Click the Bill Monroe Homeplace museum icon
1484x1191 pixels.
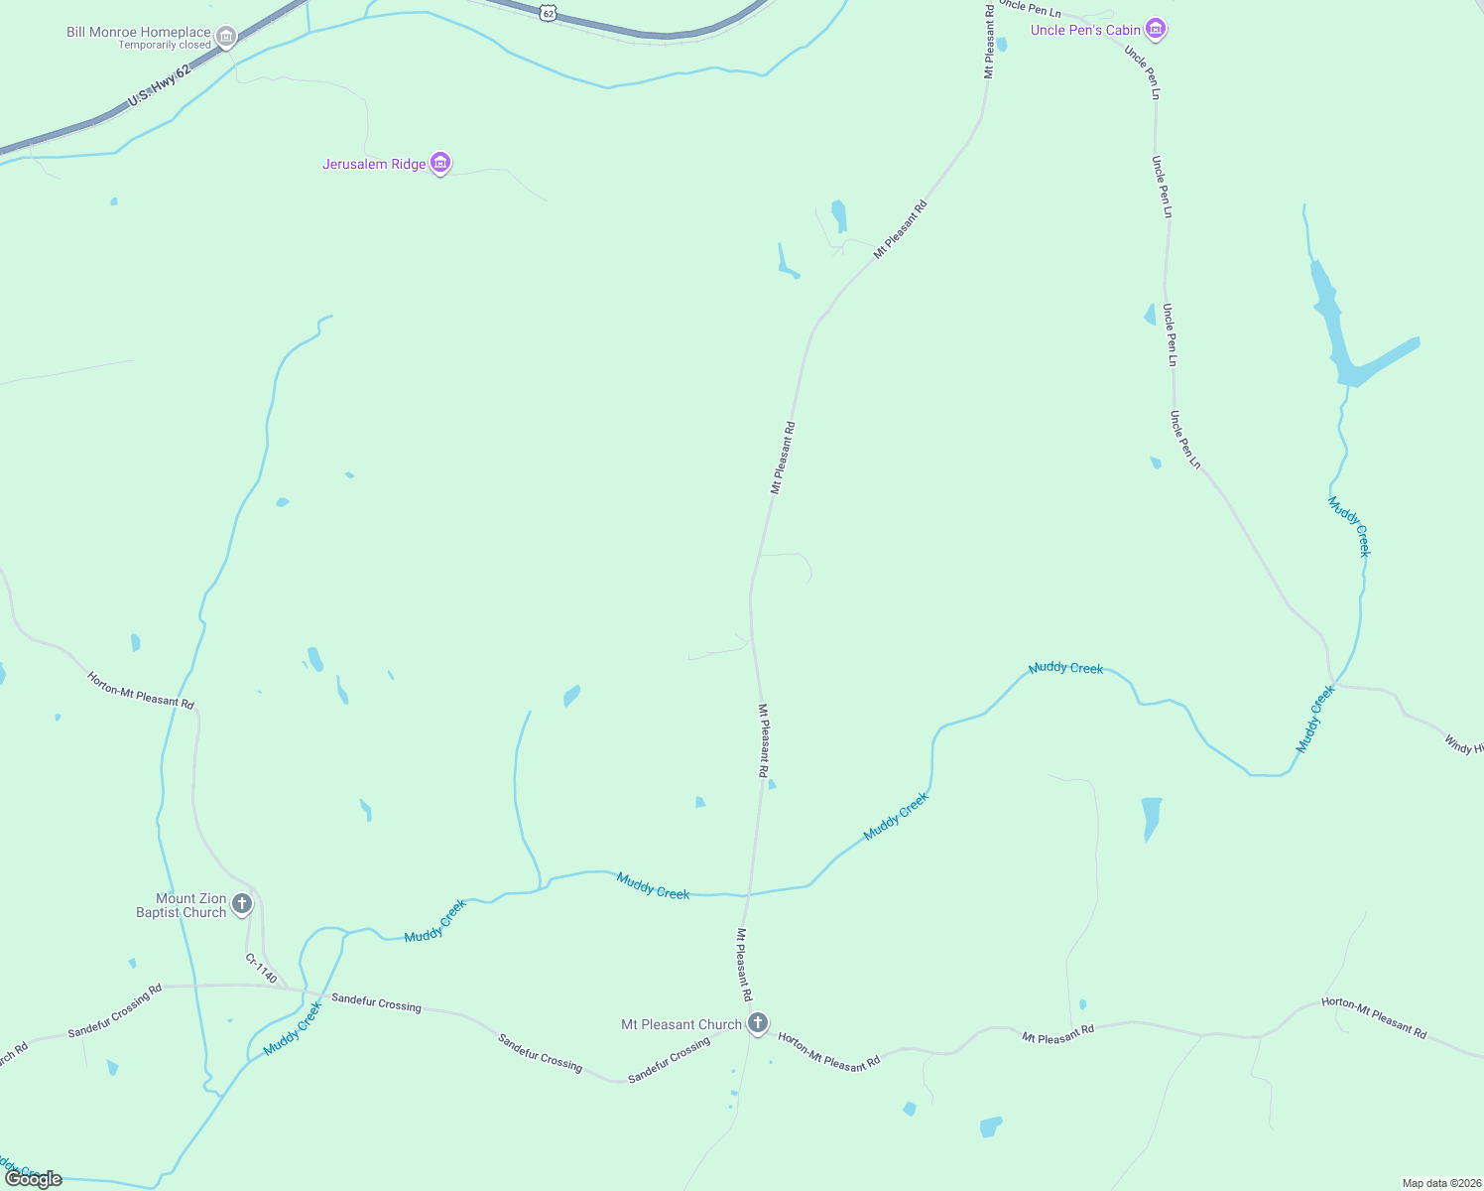(x=226, y=38)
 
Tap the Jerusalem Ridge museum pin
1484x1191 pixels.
(x=441, y=163)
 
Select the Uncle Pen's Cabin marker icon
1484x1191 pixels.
(x=1155, y=29)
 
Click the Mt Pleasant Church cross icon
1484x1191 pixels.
(x=758, y=1022)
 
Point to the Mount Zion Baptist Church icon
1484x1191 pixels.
(x=242, y=904)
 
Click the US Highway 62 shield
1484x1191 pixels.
(x=549, y=12)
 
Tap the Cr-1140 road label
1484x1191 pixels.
(x=261, y=968)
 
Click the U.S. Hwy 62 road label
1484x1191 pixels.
(x=159, y=86)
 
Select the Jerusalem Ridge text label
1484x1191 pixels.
(x=374, y=164)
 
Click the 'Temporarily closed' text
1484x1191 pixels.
(x=165, y=45)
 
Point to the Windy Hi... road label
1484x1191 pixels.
(x=1463, y=743)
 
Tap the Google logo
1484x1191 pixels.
(x=34, y=1179)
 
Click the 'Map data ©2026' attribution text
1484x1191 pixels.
(x=1441, y=1183)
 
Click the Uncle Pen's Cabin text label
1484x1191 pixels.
(x=1085, y=30)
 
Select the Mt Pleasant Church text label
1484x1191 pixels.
(x=681, y=1024)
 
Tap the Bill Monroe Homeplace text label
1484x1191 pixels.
(x=139, y=32)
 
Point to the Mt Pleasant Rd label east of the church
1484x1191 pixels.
(x=1057, y=1033)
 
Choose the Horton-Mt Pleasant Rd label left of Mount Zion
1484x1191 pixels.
(x=140, y=690)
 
